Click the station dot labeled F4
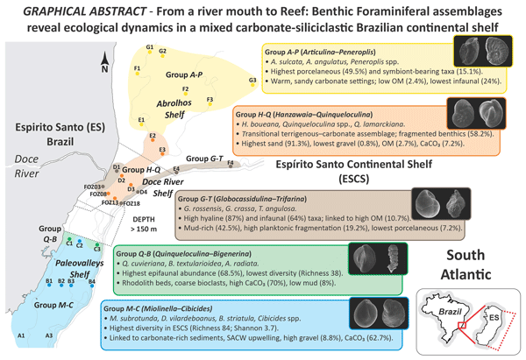coord(230,165)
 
